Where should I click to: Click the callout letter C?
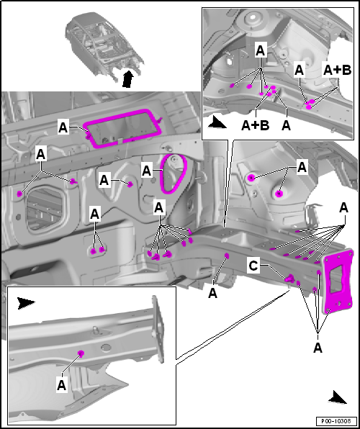click(x=253, y=266)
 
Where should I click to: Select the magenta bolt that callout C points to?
click(x=289, y=279)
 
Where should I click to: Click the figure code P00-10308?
click(x=337, y=420)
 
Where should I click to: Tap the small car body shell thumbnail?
click(x=104, y=47)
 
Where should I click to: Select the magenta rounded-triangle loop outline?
click(x=162, y=181)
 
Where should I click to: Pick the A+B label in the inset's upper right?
click(x=337, y=70)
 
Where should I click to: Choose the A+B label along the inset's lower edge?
click(x=256, y=125)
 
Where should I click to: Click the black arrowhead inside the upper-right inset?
click(x=217, y=122)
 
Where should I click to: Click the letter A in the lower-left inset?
click(x=62, y=385)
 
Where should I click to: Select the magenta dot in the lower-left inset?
click(x=81, y=353)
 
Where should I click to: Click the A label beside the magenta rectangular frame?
click(x=63, y=128)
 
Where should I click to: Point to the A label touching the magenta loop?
click(x=147, y=171)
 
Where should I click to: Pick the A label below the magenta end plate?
click(x=318, y=348)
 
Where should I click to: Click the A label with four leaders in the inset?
click(x=261, y=51)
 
